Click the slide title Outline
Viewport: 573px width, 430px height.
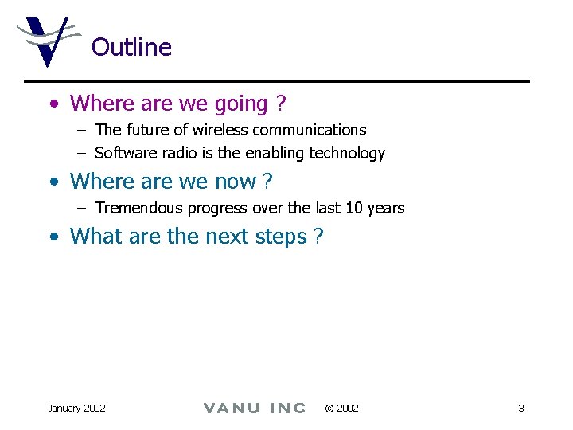[x=131, y=47]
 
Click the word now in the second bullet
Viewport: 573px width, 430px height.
[x=236, y=182]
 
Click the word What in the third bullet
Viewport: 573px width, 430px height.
[x=93, y=236]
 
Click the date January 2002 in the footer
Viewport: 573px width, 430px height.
[x=76, y=408]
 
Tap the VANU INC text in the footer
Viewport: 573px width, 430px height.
[x=255, y=408]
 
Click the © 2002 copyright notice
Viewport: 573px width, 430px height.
[x=341, y=408]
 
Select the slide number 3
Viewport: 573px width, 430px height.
[x=520, y=408]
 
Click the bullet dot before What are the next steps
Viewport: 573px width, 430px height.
[x=53, y=237]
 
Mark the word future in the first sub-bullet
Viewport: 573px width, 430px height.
[x=148, y=130]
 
